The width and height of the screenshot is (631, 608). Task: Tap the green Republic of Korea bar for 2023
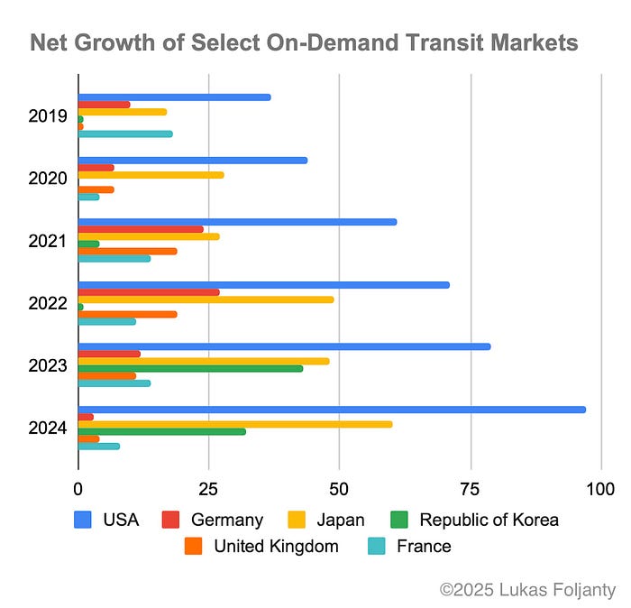click(190, 368)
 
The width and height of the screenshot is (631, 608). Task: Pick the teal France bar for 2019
click(125, 134)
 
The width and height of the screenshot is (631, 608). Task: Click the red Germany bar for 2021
click(141, 229)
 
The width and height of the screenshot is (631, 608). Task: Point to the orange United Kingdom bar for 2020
click(96, 189)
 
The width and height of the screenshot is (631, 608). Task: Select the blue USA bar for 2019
click(174, 97)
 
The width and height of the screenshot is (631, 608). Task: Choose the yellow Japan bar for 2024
click(235, 424)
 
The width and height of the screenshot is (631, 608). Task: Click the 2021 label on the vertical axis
click(48, 241)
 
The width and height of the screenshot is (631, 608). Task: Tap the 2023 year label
click(48, 366)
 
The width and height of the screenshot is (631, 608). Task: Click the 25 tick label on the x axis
click(209, 489)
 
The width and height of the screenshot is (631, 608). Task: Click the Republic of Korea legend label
click(489, 520)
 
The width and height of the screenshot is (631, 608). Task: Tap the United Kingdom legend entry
click(276, 546)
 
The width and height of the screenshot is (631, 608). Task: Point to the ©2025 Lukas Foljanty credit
click(527, 589)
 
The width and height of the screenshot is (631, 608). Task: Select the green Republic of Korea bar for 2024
click(161, 431)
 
